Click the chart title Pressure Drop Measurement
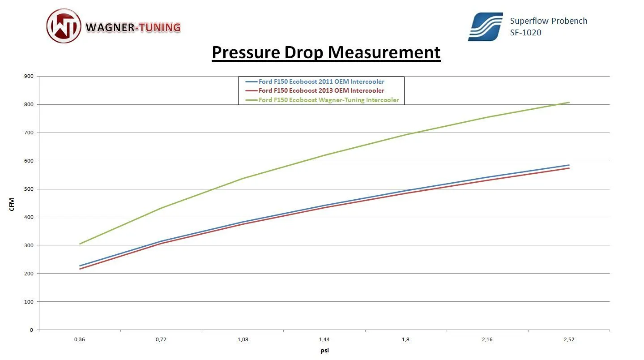point(326,52)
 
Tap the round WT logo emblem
point(64,26)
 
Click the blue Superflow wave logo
point(485,27)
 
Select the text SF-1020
point(525,32)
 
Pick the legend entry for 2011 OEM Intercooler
point(321,81)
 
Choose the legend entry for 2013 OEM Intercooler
point(321,91)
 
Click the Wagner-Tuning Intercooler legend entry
point(328,100)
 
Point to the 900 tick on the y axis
point(29,77)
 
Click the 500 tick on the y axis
point(29,189)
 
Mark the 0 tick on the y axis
point(31,330)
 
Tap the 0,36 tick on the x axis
point(79,340)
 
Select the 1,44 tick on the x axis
point(324,340)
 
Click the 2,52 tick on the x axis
point(569,340)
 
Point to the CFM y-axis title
point(12,205)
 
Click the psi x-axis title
point(325,351)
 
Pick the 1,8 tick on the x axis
point(405,340)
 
